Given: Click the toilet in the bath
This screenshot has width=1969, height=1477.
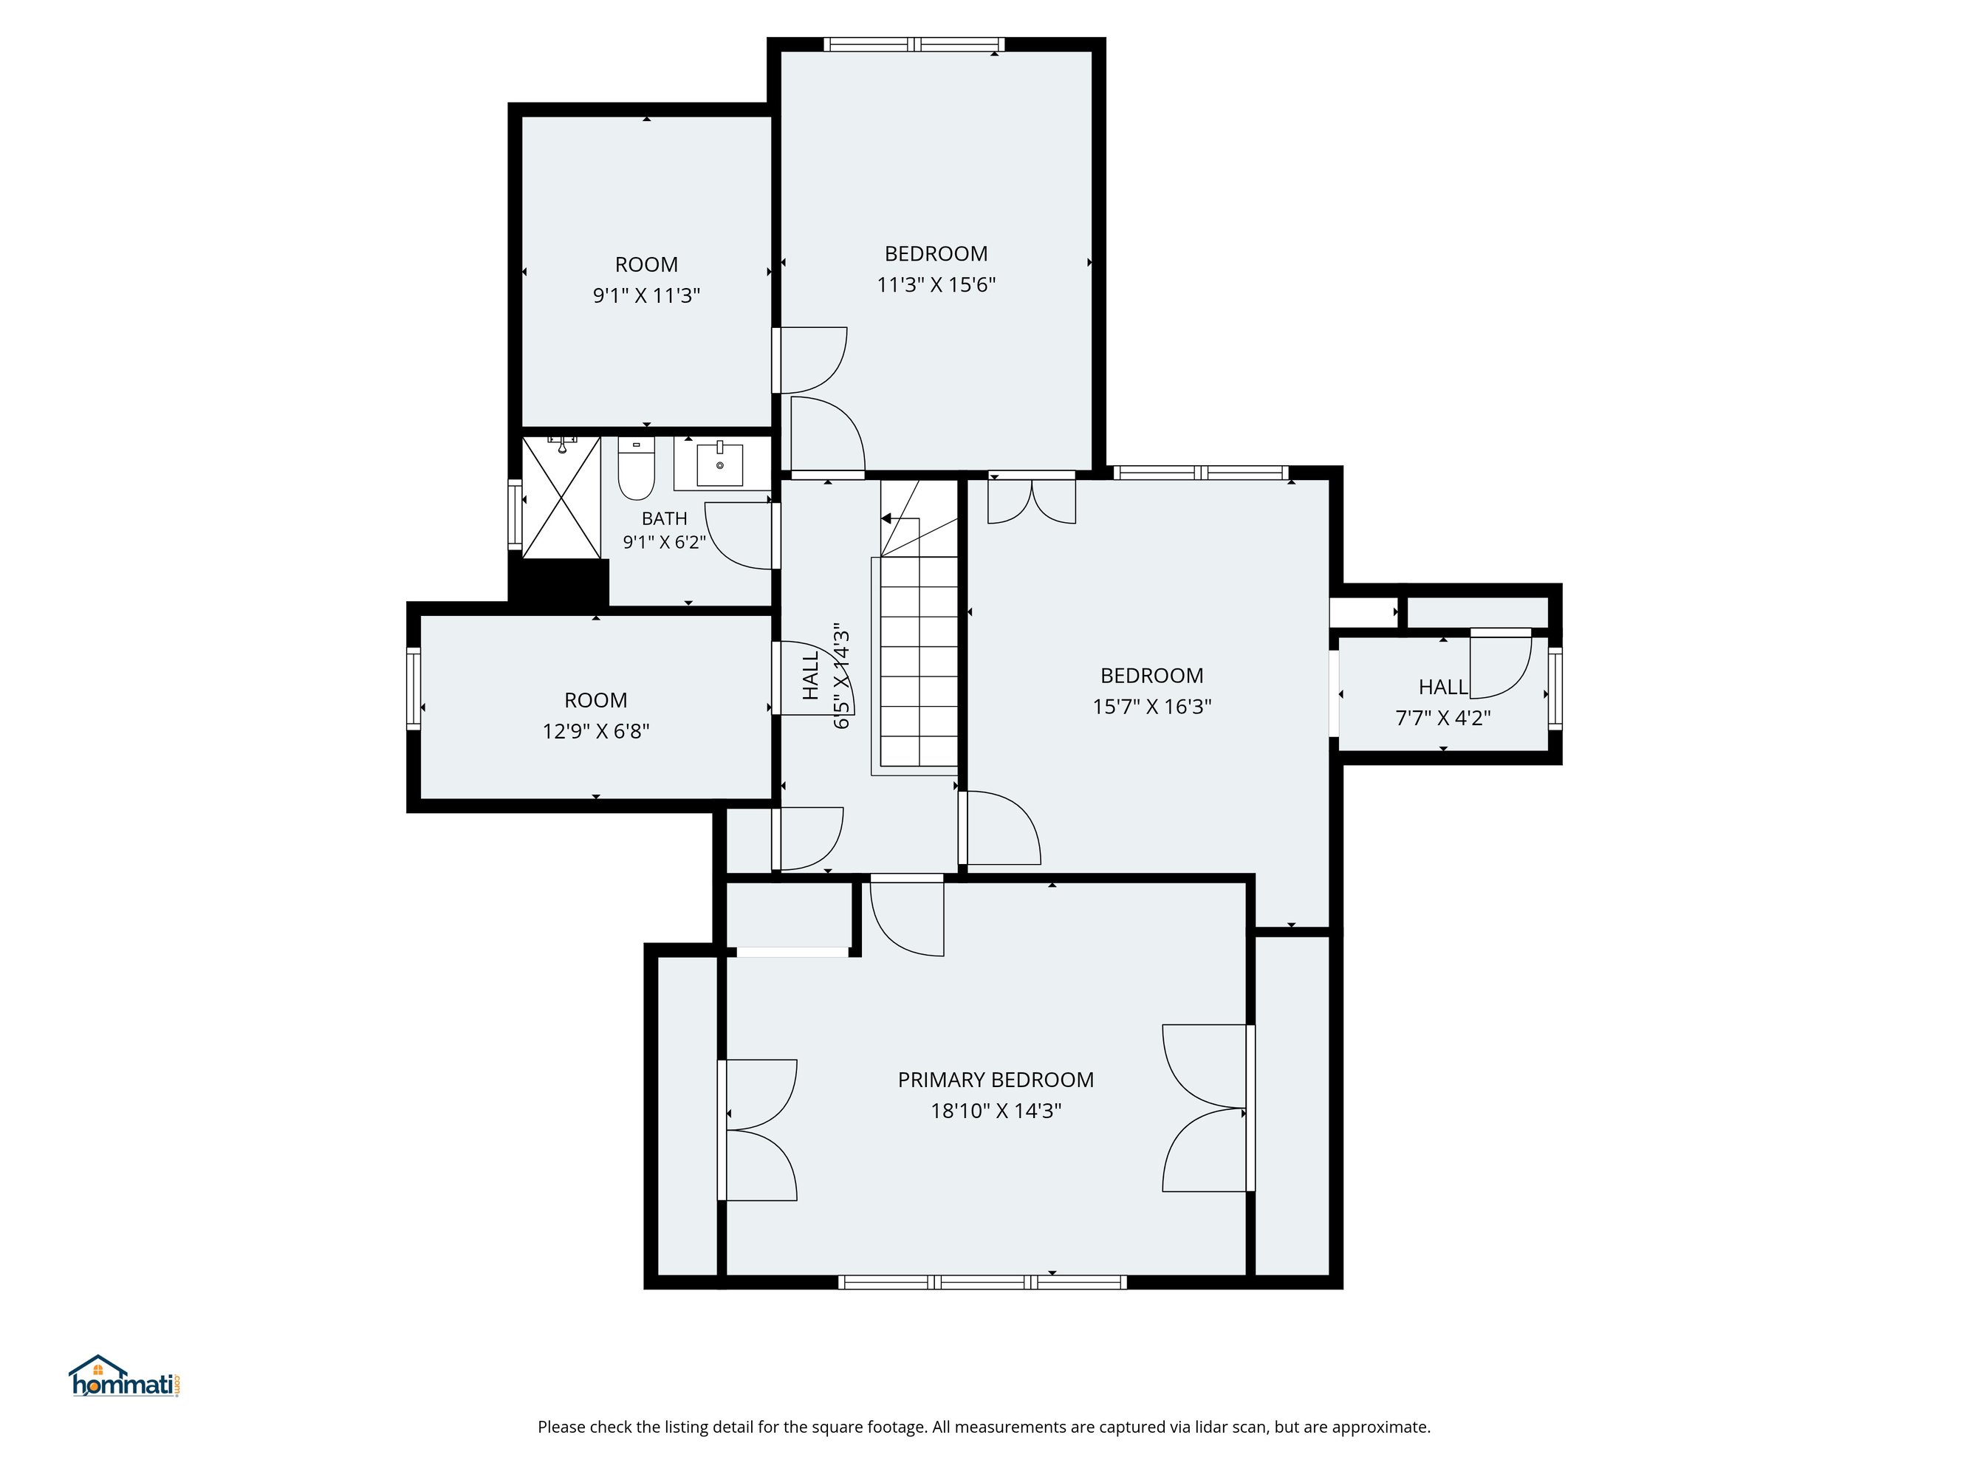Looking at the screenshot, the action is [x=636, y=468].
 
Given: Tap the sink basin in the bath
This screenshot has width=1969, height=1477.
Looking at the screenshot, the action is [x=719, y=465].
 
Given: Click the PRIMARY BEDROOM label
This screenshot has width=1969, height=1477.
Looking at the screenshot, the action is [x=995, y=1080].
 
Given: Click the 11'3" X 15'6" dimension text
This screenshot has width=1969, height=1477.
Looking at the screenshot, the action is [x=936, y=285].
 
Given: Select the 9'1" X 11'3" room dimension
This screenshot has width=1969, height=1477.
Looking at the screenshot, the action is [x=646, y=295].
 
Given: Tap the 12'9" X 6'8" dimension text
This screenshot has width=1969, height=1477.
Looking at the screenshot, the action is [x=595, y=732].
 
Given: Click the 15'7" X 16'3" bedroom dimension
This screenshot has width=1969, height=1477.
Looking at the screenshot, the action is [x=1152, y=707].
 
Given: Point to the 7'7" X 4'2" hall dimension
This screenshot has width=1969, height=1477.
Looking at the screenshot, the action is [x=1443, y=718].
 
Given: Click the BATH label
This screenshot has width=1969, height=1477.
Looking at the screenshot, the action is [x=664, y=518].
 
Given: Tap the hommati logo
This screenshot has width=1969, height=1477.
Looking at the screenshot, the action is [x=126, y=1377].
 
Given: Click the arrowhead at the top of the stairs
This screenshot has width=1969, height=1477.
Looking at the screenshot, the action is [x=886, y=518].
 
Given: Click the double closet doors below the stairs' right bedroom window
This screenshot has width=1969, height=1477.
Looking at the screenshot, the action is [x=1032, y=501].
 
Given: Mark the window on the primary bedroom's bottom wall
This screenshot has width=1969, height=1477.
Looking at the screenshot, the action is [x=983, y=1282].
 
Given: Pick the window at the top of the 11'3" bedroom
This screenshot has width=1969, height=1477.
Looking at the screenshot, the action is [x=914, y=44].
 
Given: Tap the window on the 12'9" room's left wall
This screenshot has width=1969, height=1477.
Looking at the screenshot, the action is [x=413, y=688].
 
